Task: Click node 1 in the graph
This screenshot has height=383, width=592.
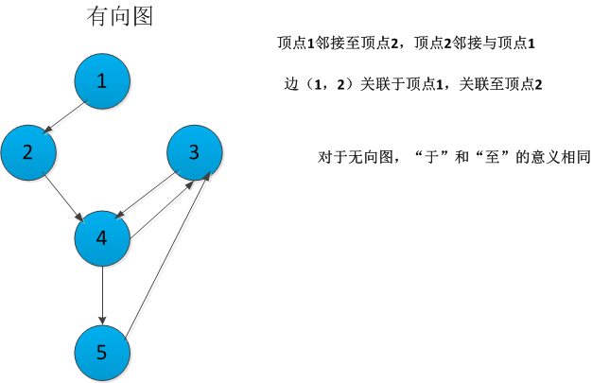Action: tap(102, 80)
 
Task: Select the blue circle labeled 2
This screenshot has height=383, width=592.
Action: tap(28, 151)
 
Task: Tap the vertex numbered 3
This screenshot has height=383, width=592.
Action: tap(195, 151)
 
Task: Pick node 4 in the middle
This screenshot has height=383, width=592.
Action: tap(102, 237)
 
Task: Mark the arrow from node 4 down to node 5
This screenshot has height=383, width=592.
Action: tap(102, 294)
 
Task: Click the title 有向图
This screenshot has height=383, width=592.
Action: tap(119, 17)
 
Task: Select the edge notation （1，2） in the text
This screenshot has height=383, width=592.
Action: tap(322, 84)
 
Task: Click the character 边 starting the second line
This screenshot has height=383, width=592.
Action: tap(290, 84)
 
